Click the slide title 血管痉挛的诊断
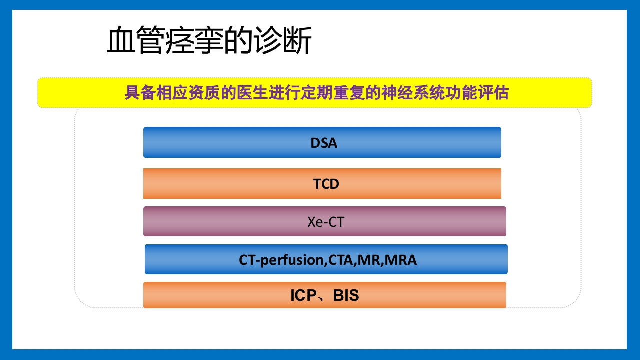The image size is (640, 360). (x=209, y=41)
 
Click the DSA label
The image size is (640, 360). (x=324, y=143)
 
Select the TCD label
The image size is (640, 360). (x=326, y=184)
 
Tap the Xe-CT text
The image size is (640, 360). (x=326, y=222)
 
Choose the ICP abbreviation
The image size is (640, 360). (x=303, y=296)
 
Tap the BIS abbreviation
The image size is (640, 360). (x=346, y=296)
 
